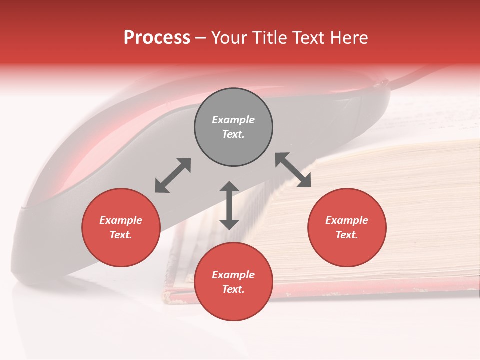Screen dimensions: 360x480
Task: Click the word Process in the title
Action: [157, 38]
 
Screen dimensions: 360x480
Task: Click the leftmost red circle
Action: [121, 227]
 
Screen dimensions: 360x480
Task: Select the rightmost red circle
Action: [347, 227]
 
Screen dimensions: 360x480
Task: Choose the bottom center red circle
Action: [233, 282]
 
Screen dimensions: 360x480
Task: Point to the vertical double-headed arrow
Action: [229, 205]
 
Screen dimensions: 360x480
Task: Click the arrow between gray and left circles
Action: [173, 175]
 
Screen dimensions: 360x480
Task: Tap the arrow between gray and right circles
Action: [293, 170]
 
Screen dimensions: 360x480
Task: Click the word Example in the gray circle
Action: [233, 120]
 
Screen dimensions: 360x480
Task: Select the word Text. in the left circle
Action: [121, 235]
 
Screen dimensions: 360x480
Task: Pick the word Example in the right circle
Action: [347, 220]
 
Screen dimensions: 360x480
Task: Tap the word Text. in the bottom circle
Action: [233, 289]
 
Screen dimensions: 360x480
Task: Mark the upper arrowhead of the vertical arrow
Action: [229, 187]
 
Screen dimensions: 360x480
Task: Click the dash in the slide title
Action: [201, 38]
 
